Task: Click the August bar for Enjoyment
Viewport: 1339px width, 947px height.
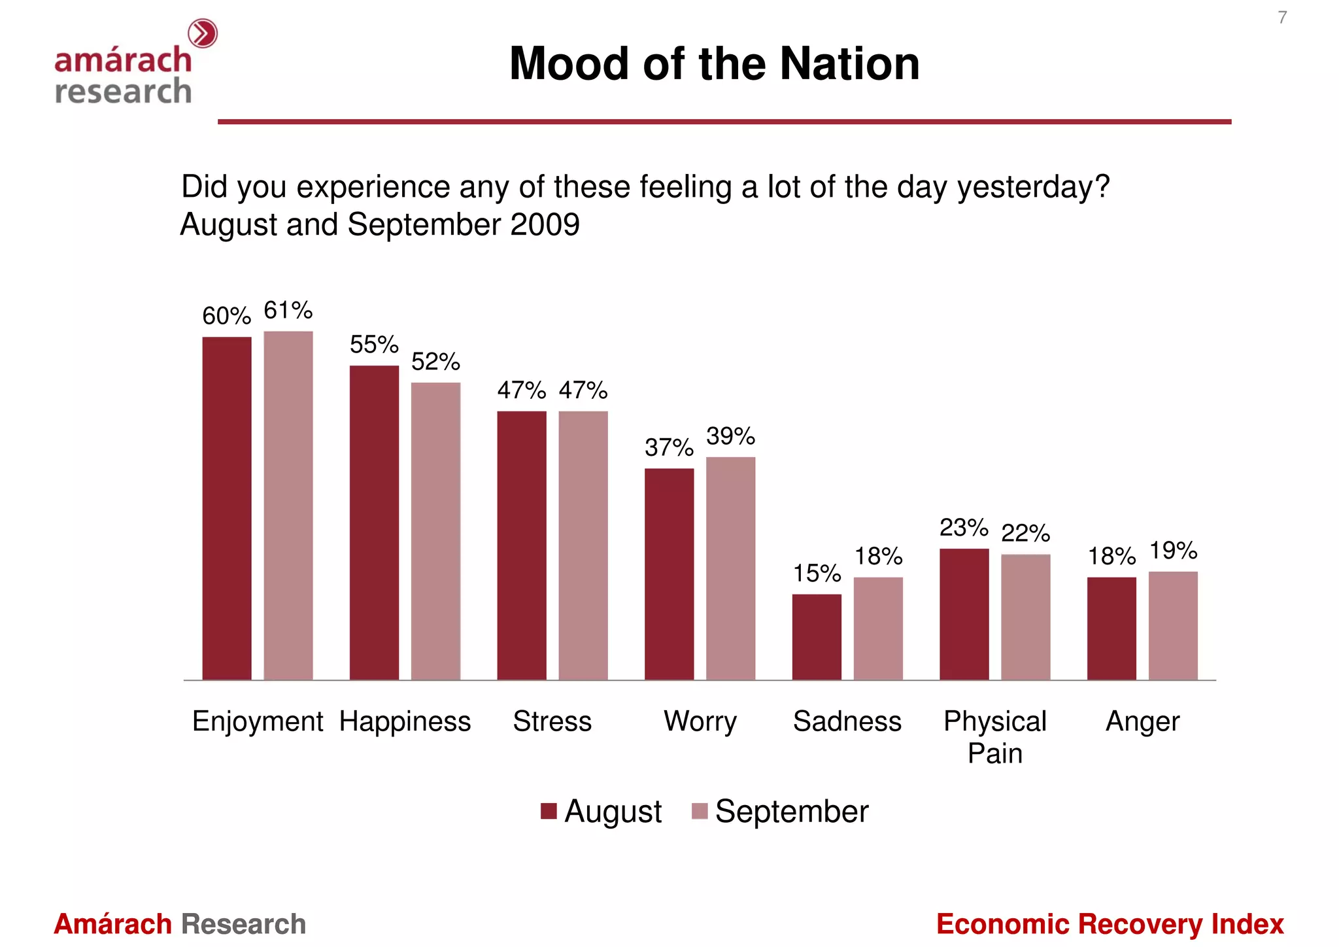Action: (227, 508)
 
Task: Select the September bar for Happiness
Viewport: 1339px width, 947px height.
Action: (435, 531)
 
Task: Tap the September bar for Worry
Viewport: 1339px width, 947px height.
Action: (730, 568)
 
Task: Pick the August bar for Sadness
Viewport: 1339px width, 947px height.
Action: (817, 637)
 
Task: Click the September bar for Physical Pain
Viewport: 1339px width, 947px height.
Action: (1025, 617)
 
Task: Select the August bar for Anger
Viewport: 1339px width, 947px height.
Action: (1111, 628)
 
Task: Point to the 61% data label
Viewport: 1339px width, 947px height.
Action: (288, 310)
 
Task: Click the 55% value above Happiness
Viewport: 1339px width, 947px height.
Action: (374, 344)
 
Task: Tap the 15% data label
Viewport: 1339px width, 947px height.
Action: (817, 574)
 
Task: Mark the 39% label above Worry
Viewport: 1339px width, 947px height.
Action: (730, 436)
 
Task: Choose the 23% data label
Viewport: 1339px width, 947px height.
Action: (964, 527)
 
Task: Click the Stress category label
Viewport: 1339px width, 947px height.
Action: (552, 721)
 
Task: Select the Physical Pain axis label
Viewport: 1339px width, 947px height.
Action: (994, 737)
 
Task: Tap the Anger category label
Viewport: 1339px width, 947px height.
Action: (1142, 721)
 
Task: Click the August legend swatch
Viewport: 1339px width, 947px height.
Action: (549, 811)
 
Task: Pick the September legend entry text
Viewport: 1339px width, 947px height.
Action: (791, 812)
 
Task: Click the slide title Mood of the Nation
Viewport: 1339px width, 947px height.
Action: (714, 64)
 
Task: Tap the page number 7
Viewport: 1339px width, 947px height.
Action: (1282, 18)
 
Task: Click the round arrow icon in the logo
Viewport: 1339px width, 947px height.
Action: (203, 33)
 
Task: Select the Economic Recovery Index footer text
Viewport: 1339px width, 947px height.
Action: (1110, 924)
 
